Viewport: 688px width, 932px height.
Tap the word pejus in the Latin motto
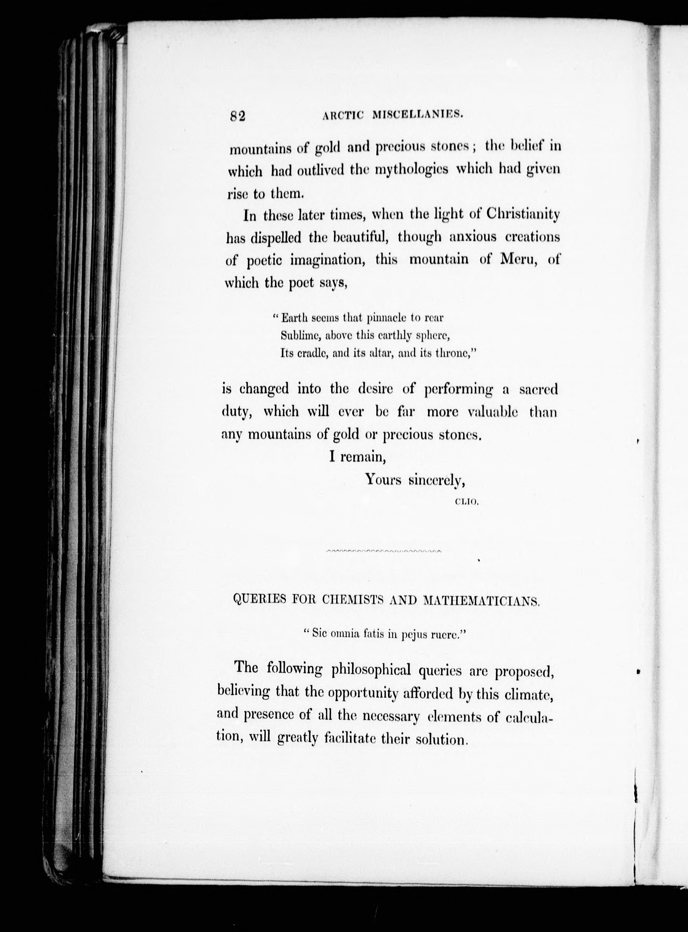412,636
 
